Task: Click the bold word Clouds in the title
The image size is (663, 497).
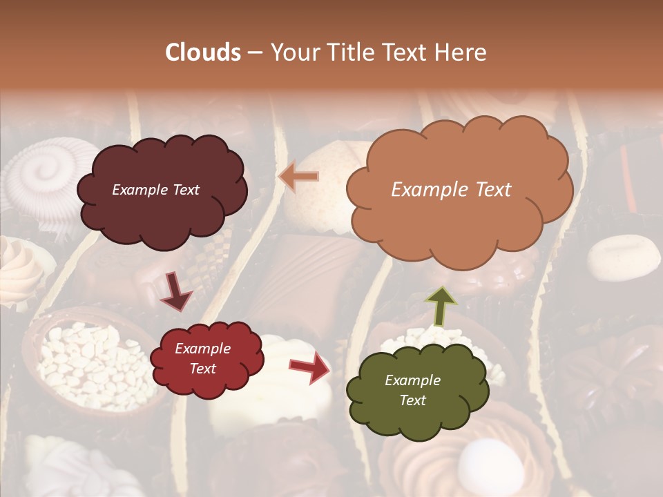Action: tap(203, 52)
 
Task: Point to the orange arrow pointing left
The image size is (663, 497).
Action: tap(299, 177)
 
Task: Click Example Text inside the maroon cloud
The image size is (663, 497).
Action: tap(155, 190)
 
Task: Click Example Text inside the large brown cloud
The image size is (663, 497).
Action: tap(451, 190)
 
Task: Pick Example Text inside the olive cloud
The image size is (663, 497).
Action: tap(412, 390)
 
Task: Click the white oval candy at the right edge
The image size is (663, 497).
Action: tap(624, 257)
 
